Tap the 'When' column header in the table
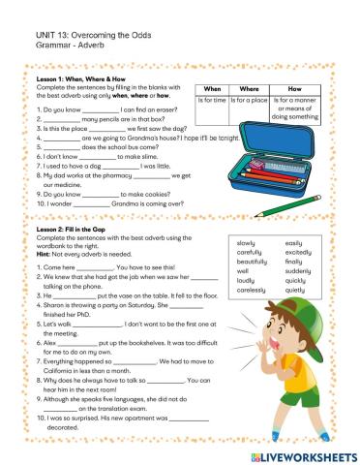point(215,88)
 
